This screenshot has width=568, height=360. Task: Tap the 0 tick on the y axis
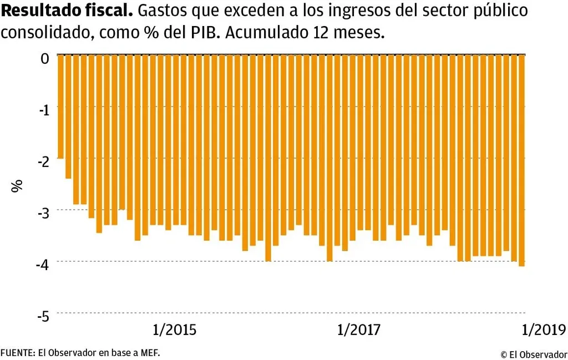45,57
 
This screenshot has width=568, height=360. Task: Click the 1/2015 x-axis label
175,330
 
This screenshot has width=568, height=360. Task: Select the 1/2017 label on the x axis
358,330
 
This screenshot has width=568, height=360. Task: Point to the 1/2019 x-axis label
544,330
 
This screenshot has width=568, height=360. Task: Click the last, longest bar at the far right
521,160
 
